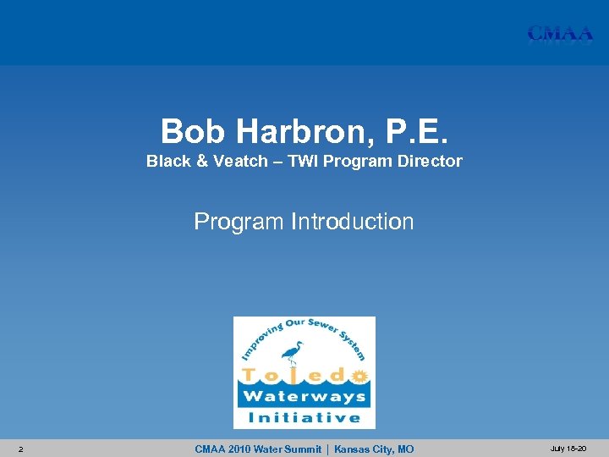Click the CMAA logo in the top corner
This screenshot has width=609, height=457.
click(x=559, y=34)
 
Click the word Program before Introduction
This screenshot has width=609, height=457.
click(x=239, y=222)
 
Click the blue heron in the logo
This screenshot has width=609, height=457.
click(x=293, y=352)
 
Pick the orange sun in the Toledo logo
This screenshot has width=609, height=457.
click(x=360, y=374)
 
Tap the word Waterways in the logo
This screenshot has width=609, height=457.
click(x=304, y=396)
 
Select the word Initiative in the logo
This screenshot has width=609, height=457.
click(x=304, y=417)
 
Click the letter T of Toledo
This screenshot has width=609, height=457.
click(x=251, y=374)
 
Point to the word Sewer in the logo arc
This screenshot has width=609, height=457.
click(x=322, y=327)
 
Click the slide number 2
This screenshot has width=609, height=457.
click(x=20, y=449)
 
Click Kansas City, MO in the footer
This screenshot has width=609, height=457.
click(x=374, y=449)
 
